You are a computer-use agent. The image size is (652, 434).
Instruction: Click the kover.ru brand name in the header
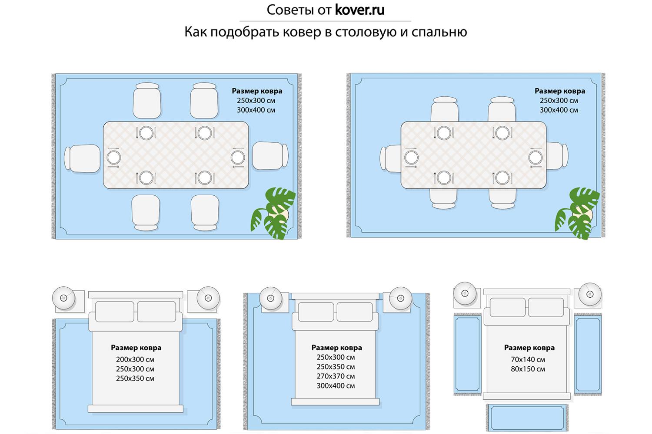click(x=359, y=10)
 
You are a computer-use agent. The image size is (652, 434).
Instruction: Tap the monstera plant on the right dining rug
click(x=577, y=213)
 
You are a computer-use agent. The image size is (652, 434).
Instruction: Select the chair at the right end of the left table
click(x=270, y=155)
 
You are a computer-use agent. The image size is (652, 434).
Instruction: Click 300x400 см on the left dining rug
click(x=256, y=110)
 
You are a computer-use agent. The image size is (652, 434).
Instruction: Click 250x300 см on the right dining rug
click(x=559, y=101)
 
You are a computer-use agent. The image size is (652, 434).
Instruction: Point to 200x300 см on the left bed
click(x=135, y=359)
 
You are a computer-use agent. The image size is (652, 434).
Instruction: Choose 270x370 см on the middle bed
click(x=336, y=376)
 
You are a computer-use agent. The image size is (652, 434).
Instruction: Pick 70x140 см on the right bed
click(x=528, y=359)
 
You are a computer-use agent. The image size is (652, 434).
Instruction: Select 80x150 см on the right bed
click(x=528, y=369)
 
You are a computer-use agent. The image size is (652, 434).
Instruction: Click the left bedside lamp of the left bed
click(x=64, y=297)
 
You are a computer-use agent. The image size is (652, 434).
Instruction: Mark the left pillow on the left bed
click(x=114, y=312)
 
